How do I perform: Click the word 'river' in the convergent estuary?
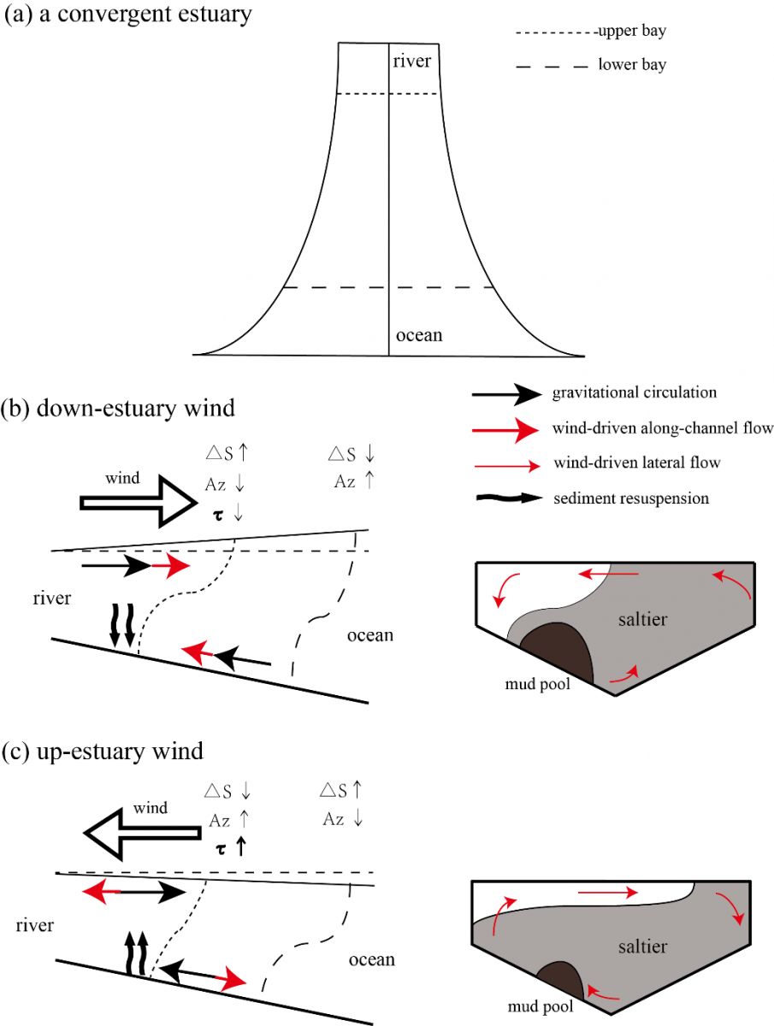pyautogui.click(x=412, y=61)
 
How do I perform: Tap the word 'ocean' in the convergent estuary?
pyautogui.click(x=418, y=334)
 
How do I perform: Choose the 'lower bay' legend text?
pyautogui.click(x=632, y=65)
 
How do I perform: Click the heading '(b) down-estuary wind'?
pyautogui.click(x=118, y=408)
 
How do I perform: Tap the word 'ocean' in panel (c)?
pyautogui.click(x=372, y=960)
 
